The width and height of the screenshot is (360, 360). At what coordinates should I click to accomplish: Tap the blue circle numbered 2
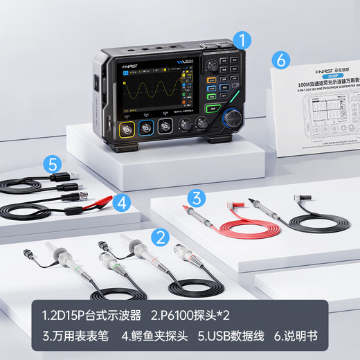tap(161, 238)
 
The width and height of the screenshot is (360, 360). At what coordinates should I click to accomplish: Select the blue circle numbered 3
tap(197, 199)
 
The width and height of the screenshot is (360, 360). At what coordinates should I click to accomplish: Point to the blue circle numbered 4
tap(121, 203)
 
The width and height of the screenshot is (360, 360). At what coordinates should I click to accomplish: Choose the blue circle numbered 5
tap(51, 165)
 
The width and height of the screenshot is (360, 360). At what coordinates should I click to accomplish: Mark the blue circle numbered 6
tap(280, 60)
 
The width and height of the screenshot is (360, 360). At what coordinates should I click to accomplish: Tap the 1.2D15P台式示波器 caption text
tap(87, 315)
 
